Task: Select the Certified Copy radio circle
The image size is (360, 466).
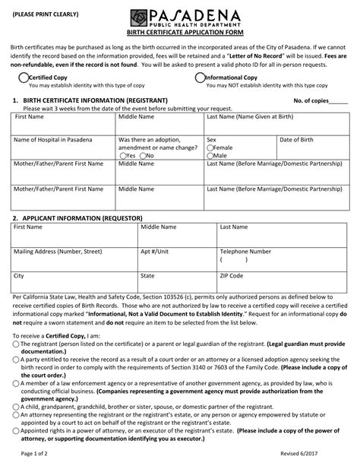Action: pos(22,78)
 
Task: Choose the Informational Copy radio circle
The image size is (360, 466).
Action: pos(200,78)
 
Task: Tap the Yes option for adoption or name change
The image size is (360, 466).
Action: pos(122,155)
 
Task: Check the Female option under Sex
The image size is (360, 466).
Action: pos(210,147)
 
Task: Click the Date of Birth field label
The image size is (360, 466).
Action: pos(297,140)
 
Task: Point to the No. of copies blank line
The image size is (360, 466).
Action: pos(339,101)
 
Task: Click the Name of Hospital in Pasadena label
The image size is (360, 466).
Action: pos(49,140)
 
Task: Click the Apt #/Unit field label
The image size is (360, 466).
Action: pos(154,250)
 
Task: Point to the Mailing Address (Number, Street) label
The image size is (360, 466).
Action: pos(57,250)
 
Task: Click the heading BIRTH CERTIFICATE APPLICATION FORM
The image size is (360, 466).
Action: pos(181,33)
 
